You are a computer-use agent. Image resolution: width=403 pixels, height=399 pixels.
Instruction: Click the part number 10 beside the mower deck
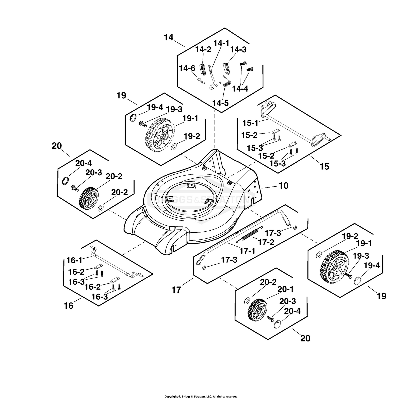pyautogui.click(x=283, y=186)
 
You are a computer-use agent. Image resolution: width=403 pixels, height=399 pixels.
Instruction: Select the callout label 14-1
pyautogui.click(x=221, y=43)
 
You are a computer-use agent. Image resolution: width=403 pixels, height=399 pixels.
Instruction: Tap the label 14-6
pyautogui.click(x=187, y=68)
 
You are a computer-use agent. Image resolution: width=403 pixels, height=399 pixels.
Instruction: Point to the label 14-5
pyautogui.click(x=220, y=103)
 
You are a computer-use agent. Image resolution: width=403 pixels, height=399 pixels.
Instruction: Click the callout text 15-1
pyautogui.click(x=250, y=123)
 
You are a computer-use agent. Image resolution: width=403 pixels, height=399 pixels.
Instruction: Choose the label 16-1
pyautogui.click(x=75, y=260)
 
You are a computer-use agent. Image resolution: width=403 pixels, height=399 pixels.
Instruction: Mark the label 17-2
pyautogui.click(x=266, y=242)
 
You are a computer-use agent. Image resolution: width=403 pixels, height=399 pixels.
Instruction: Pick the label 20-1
pyautogui.click(x=286, y=289)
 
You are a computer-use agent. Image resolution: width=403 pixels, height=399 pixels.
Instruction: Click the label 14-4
pyautogui.click(x=240, y=89)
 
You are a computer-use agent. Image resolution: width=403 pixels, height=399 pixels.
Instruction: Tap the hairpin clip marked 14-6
pyautogui.click(x=201, y=80)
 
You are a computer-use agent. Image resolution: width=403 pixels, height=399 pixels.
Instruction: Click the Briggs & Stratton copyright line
pyautogui.click(x=201, y=391)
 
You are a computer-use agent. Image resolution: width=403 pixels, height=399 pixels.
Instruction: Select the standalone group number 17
pyautogui.click(x=176, y=290)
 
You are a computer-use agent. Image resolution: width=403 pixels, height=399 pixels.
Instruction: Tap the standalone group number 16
pyautogui.click(x=68, y=306)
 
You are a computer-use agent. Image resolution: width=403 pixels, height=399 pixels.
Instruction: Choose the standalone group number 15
pyautogui.click(x=324, y=166)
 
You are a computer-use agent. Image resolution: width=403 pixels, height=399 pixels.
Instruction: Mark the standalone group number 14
pyautogui.click(x=168, y=37)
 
